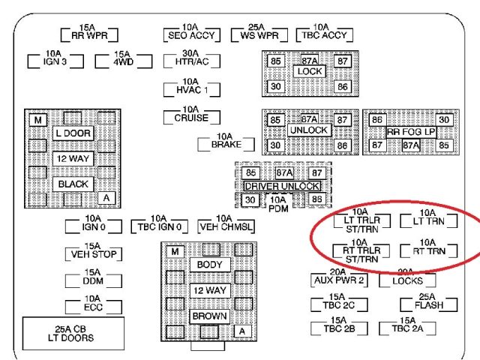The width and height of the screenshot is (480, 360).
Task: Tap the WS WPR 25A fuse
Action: click(255, 34)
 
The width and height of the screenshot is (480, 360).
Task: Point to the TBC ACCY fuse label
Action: click(322, 34)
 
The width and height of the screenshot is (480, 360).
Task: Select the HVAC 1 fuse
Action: click(191, 89)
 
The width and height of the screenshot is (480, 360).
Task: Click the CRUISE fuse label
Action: click(191, 118)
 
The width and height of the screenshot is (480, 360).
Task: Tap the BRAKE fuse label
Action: click(226, 143)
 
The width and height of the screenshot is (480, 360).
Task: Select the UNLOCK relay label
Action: click(309, 131)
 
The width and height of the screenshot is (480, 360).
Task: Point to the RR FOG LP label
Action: click(411, 131)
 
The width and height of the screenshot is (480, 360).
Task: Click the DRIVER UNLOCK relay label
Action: click(282, 186)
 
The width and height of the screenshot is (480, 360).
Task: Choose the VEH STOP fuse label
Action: click(93, 254)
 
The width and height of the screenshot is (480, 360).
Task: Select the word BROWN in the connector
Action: click(210, 316)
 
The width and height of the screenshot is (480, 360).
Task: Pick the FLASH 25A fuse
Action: click(428, 305)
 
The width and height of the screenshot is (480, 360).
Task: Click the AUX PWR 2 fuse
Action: click(337, 280)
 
